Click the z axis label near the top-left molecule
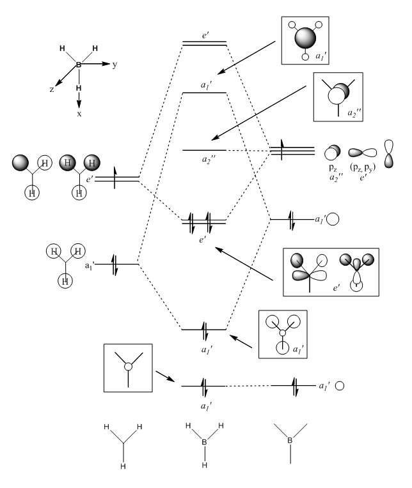coord(52,90)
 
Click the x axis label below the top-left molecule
coord(79,113)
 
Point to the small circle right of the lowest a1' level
coord(340,386)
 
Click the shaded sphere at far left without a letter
coord(21,163)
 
